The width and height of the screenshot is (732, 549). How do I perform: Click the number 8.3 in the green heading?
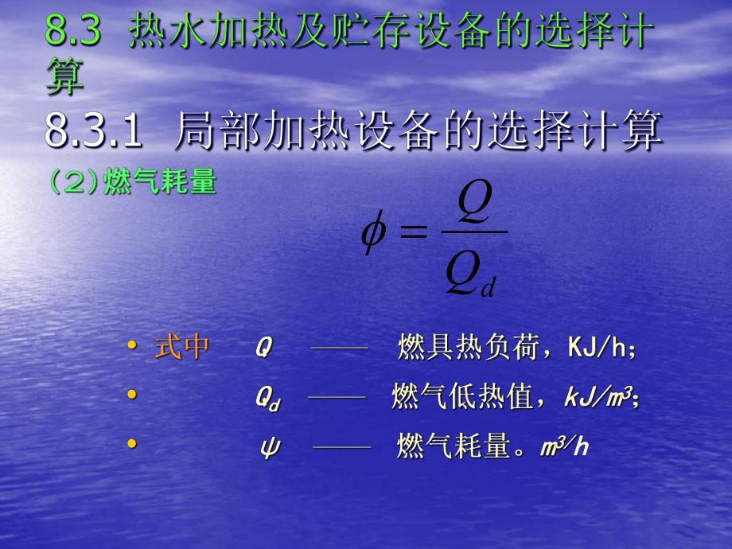(73, 33)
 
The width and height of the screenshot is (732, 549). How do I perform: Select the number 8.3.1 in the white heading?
(94, 131)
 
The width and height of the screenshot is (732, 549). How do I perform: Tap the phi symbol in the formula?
(374, 232)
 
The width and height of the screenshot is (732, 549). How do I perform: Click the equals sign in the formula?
(413, 232)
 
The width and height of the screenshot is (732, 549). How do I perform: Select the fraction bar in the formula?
(473, 232)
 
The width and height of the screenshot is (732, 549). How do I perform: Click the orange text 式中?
(182, 348)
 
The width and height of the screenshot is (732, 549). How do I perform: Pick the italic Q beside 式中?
(263, 348)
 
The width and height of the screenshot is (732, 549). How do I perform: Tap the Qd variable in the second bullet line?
(267, 398)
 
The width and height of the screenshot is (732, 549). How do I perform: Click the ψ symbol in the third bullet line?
(267, 447)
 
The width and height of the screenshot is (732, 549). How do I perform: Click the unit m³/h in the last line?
(564, 446)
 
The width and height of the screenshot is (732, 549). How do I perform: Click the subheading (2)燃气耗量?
(132, 182)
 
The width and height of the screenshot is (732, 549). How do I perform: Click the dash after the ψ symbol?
(342, 447)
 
